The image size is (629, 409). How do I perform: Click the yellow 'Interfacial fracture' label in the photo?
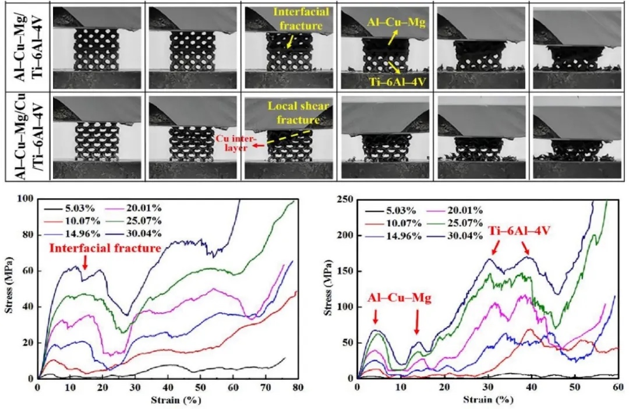point(301,19)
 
